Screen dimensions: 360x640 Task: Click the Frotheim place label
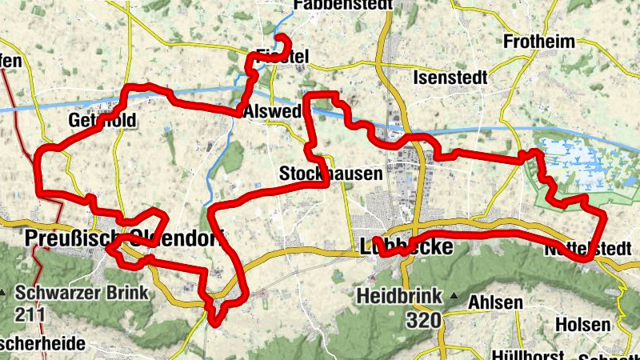point(538,42)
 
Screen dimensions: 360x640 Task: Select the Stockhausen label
point(320,173)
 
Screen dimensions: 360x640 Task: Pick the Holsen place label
point(583,326)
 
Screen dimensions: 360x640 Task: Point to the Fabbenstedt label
point(343,5)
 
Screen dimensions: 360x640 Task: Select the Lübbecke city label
point(407,246)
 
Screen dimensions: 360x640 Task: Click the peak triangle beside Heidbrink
point(454,297)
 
